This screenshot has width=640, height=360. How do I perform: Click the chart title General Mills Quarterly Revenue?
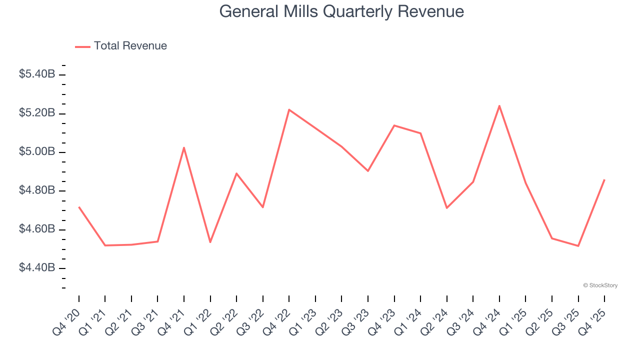point(341,11)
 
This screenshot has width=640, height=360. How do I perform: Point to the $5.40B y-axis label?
point(37,74)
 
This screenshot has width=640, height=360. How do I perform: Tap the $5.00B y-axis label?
point(37,152)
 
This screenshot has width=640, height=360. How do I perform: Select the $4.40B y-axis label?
point(37,268)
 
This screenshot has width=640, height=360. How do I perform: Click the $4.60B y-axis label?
point(37,229)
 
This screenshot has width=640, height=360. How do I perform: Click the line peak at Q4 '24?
point(499,105)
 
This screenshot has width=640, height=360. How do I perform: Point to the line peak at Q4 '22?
point(289,109)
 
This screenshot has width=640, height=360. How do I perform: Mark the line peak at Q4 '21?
point(184,147)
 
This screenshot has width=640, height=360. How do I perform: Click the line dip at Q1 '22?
point(210,242)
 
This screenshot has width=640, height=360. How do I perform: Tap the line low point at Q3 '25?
point(578,246)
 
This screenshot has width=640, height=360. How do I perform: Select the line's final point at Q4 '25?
point(604,179)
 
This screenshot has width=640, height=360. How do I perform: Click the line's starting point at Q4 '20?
point(79,206)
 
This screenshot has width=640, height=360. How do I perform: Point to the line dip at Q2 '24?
point(446,208)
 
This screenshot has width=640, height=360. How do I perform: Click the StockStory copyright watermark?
point(600,285)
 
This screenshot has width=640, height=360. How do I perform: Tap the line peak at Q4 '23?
point(394,125)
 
